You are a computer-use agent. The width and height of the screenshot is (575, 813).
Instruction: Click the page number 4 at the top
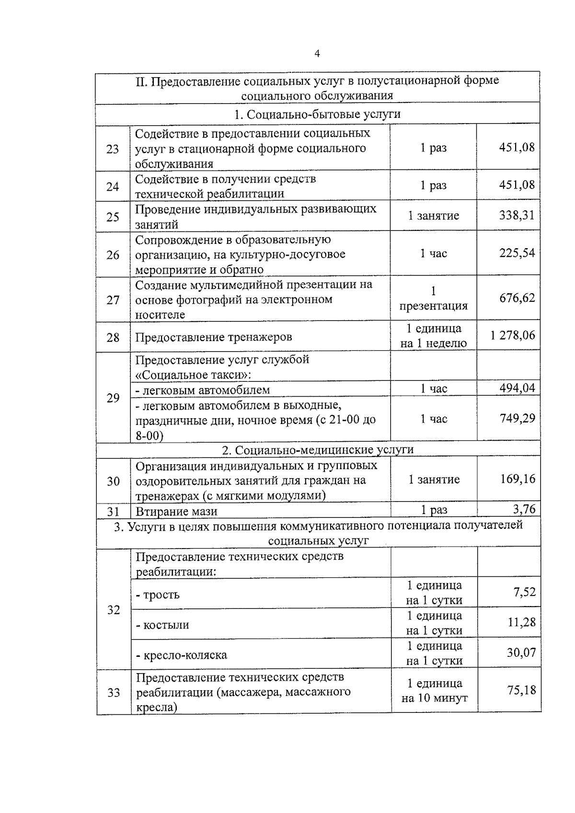tap(317, 54)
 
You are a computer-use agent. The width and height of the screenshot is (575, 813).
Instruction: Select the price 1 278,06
tap(512, 335)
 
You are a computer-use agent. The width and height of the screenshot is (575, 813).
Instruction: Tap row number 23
tap(113, 149)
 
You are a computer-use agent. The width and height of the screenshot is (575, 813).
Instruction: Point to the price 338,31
tap(517, 216)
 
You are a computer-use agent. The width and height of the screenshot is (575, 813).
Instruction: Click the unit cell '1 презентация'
tap(433, 298)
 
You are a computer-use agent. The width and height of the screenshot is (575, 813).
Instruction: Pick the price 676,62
tap(517, 298)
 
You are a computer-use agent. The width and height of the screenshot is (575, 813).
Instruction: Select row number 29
tap(113, 398)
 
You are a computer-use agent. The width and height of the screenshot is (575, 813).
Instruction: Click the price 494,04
tap(517, 388)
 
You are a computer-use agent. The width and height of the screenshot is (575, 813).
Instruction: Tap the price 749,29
tap(517, 418)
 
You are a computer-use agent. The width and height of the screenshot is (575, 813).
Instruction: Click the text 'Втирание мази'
tap(176, 511)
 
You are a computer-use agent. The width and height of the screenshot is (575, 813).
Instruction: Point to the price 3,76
tap(524, 509)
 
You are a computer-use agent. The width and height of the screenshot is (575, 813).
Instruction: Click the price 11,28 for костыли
tap(521, 622)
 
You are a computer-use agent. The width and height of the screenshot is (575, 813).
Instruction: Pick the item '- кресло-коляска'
tap(182, 655)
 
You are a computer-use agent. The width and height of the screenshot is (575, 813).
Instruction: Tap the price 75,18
tap(521, 690)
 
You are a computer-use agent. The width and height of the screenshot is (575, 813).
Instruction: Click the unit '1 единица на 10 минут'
tap(434, 691)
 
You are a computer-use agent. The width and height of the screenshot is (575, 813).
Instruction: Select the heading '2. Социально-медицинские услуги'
tap(317, 450)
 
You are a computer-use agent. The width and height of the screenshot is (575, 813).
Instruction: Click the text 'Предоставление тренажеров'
tap(213, 337)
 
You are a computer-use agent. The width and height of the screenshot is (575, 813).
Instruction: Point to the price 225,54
tap(517, 253)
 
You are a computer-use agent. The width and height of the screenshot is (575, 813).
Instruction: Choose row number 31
tap(113, 511)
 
